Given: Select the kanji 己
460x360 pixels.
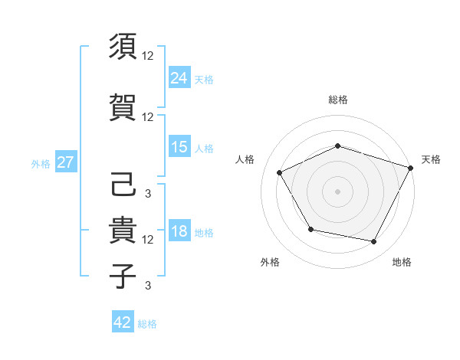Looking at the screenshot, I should coord(123,185).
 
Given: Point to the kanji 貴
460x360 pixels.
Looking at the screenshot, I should coord(123,230).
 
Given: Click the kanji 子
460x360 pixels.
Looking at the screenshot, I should coord(123,276).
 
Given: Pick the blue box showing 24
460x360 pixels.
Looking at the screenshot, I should coord(179,77).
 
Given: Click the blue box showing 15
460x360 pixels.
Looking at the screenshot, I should coord(179,147).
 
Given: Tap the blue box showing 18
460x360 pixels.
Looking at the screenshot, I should coord(179,232).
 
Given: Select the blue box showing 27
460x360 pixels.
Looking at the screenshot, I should coord(65,162).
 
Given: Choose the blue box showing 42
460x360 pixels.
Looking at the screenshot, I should coord(123,322).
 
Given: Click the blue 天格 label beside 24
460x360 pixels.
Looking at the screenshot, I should coord(204,79).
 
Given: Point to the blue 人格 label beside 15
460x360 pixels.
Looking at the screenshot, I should coord(204,149).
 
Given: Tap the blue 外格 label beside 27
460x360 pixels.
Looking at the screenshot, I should coord(41,163).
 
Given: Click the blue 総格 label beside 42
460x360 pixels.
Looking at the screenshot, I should coord(147,324).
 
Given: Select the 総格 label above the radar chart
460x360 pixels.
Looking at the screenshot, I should coord(338,100).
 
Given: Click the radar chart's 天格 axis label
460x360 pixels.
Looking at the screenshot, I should coord(431,159).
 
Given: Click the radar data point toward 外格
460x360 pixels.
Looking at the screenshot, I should coord(310,229).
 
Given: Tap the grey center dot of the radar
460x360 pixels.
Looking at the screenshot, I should coord(338,191).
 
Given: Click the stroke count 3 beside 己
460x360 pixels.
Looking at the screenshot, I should coord(147,193).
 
